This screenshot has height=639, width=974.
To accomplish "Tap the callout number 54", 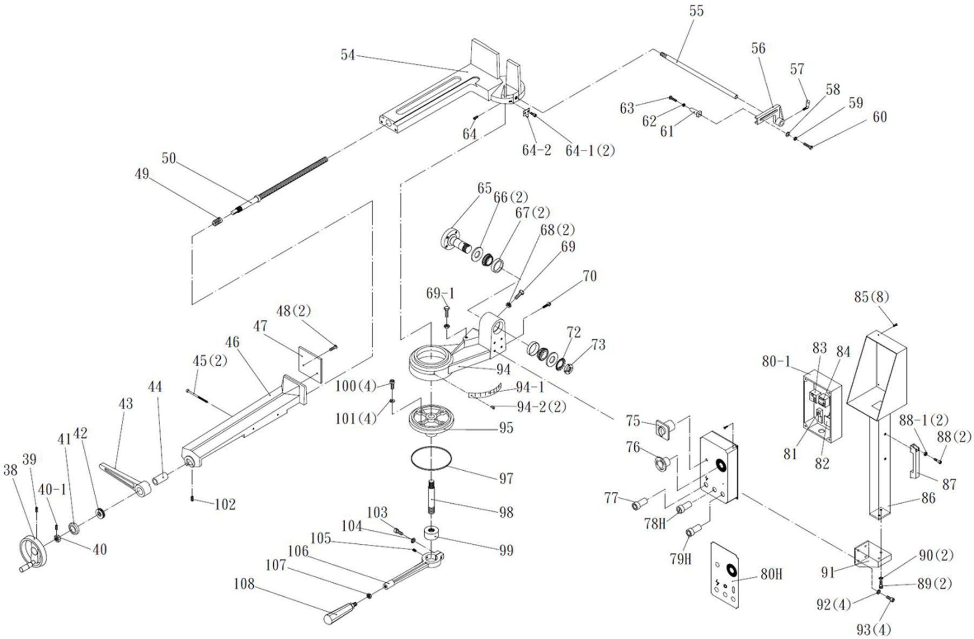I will pos(348,55).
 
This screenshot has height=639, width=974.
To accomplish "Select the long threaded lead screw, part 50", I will pos(292,179).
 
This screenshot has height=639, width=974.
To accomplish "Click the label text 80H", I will pos(771,574).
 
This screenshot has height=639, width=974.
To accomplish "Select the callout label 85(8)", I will pos(871,297).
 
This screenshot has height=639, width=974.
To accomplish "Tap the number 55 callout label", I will pos(696,11).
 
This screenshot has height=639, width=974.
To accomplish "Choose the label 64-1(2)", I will pos(590,150).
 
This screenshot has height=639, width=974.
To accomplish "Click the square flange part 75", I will pos(663,430).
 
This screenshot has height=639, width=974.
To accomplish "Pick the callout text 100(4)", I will pos(356,386).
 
